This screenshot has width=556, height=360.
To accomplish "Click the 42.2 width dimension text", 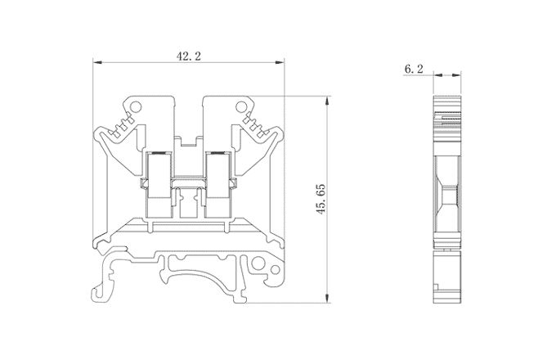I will pyautogui.click(x=189, y=56).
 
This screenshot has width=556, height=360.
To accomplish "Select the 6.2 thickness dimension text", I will pyautogui.click(x=413, y=70).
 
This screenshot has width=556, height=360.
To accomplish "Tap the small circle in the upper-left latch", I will pyautogui.click(x=137, y=106).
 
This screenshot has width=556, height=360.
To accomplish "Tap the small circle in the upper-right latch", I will pyautogui.click(x=242, y=106).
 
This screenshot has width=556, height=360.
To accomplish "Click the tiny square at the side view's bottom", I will pyautogui.click(x=438, y=286).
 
